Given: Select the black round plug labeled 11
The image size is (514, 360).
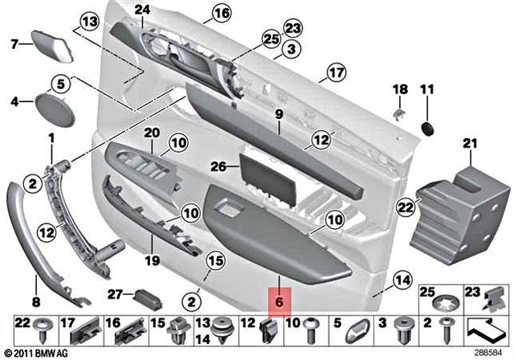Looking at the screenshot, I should [427, 127].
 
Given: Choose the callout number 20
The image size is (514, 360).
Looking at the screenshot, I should [152, 132].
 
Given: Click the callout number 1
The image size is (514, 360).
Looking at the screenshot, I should [51, 138].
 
